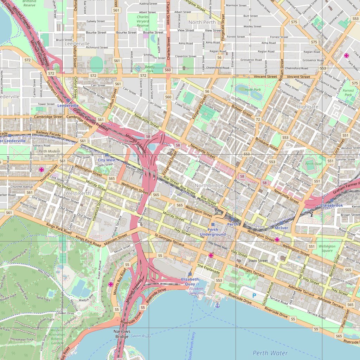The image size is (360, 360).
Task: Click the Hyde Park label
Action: (x=253, y=90)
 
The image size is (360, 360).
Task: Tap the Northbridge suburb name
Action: (x=209, y=185)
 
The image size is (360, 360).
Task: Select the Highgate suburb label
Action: (x=307, y=107)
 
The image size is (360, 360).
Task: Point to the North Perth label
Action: (x=202, y=22)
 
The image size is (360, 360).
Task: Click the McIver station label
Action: (x=281, y=228)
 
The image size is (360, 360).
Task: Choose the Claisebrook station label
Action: (x=331, y=205)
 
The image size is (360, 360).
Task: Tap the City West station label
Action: (x=107, y=160)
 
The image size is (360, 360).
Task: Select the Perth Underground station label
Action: (x=213, y=232)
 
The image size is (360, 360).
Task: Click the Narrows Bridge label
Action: (x=122, y=334)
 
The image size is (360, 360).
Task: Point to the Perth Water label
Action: (x=270, y=353)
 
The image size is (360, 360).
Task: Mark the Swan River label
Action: (x=141, y=336)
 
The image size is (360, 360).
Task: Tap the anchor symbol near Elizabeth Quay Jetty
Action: (x=217, y=305)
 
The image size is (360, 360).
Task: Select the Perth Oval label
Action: (x=314, y=164)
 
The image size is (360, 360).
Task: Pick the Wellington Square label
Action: (x=327, y=249)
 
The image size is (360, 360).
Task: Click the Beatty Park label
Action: (x=150, y=69)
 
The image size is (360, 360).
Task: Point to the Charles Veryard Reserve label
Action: (x=143, y=21)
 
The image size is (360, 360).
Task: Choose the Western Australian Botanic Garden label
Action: (x=57, y=336)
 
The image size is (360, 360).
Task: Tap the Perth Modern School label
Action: (x=46, y=153)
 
